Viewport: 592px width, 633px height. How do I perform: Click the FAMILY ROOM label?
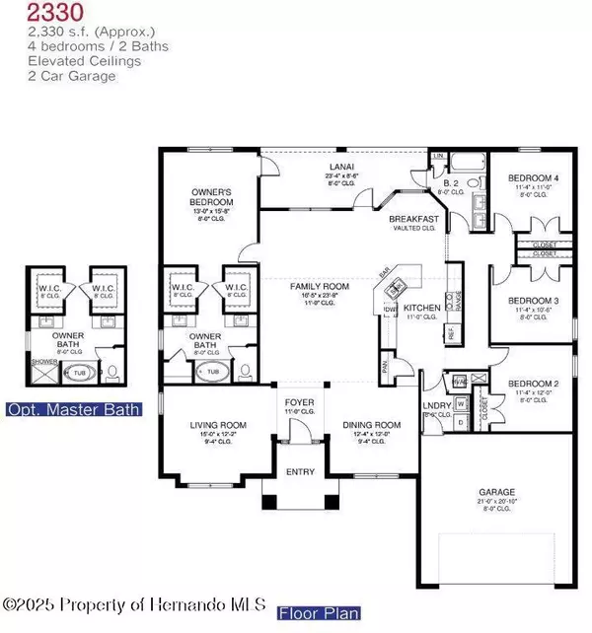315,284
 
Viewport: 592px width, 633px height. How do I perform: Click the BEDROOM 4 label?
533,178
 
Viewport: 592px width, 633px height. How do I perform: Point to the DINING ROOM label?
369,425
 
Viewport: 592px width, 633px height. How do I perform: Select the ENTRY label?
299,472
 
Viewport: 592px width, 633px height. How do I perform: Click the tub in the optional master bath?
78,374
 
